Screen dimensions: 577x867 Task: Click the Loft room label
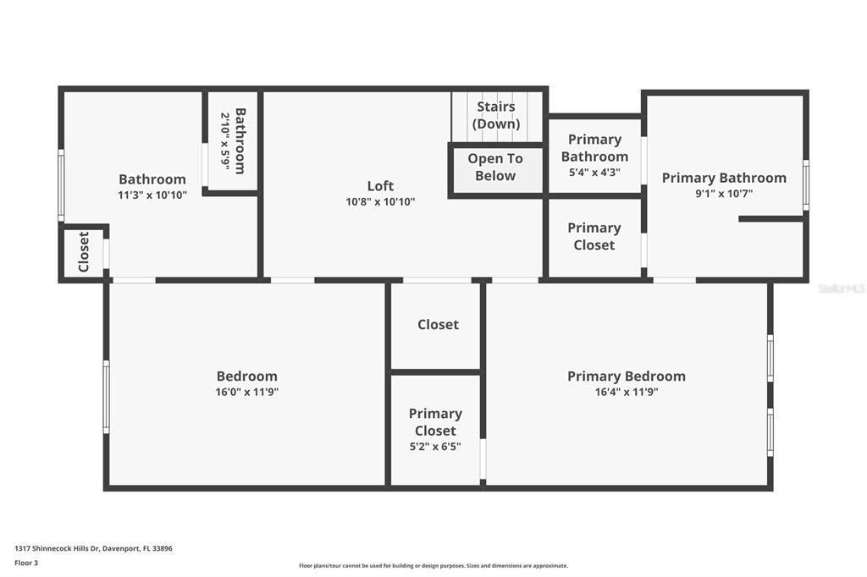pyautogui.click(x=380, y=186)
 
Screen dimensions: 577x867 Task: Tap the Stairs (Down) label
pyautogui.click(x=496, y=115)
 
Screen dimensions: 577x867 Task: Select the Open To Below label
pyautogui.click(x=495, y=168)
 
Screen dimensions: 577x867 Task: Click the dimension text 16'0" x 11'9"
pyautogui.click(x=246, y=392)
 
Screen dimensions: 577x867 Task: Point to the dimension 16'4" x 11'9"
pyautogui.click(x=626, y=392)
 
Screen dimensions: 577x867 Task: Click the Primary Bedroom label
pyautogui.click(x=626, y=376)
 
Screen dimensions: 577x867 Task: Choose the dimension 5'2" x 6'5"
pyautogui.click(x=435, y=447)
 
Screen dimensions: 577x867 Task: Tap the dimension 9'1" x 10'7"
pyautogui.click(x=724, y=194)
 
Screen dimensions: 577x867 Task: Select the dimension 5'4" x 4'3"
pyautogui.click(x=594, y=172)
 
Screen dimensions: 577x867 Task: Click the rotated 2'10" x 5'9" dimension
pyautogui.click(x=225, y=141)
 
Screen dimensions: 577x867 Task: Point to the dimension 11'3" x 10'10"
pyautogui.click(x=152, y=195)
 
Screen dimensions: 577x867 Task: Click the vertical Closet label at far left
pyautogui.click(x=84, y=252)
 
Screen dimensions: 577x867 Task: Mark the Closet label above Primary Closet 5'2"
pyautogui.click(x=438, y=325)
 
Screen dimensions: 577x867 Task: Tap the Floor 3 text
pyautogui.click(x=26, y=563)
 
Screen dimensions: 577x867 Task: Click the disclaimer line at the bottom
pyautogui.click(x=433, y=566)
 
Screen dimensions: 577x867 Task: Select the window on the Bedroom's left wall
pyautogui.click(x=106, y=397)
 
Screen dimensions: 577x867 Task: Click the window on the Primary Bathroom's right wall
pyautogui.click(x=805, y=184)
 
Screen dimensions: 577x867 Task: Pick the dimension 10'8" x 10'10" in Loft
pyautogui.click(x=380, y=202)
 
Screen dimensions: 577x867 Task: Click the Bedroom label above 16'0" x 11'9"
pyautogui.click(x=246, y=376)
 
